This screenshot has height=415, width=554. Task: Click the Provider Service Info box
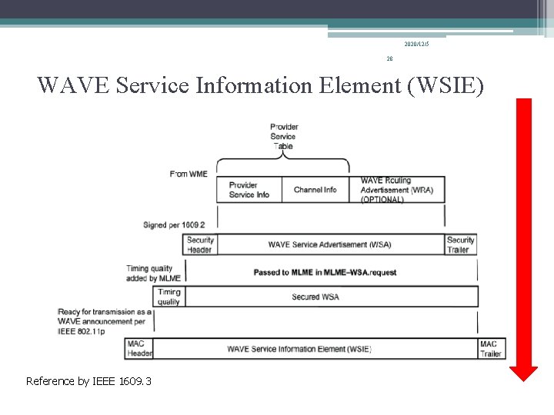point(249,190)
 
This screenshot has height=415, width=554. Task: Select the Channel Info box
point(315,190)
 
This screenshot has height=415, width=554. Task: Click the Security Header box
point(200,244)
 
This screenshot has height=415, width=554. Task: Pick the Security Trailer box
point(461,244)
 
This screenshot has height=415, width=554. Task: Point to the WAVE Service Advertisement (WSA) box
point(329,244)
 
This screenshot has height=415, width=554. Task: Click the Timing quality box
point(169,297)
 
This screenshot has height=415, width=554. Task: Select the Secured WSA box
point(315,297)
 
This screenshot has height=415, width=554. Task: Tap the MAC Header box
point(139,349)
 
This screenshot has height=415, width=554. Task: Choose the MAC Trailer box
point(491,349)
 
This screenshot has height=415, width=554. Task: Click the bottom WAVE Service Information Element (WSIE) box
point(299,349)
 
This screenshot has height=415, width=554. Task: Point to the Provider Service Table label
point(284,136)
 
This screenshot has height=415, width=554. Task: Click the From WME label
point(189,174)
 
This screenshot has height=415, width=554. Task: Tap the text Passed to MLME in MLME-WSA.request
point(325,272)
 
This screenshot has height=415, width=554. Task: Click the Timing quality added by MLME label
point(154,273)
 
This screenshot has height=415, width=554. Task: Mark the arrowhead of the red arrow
point(524,373)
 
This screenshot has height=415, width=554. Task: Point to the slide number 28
point(389,58)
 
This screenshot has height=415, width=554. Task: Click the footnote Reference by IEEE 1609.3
point(88,381)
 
